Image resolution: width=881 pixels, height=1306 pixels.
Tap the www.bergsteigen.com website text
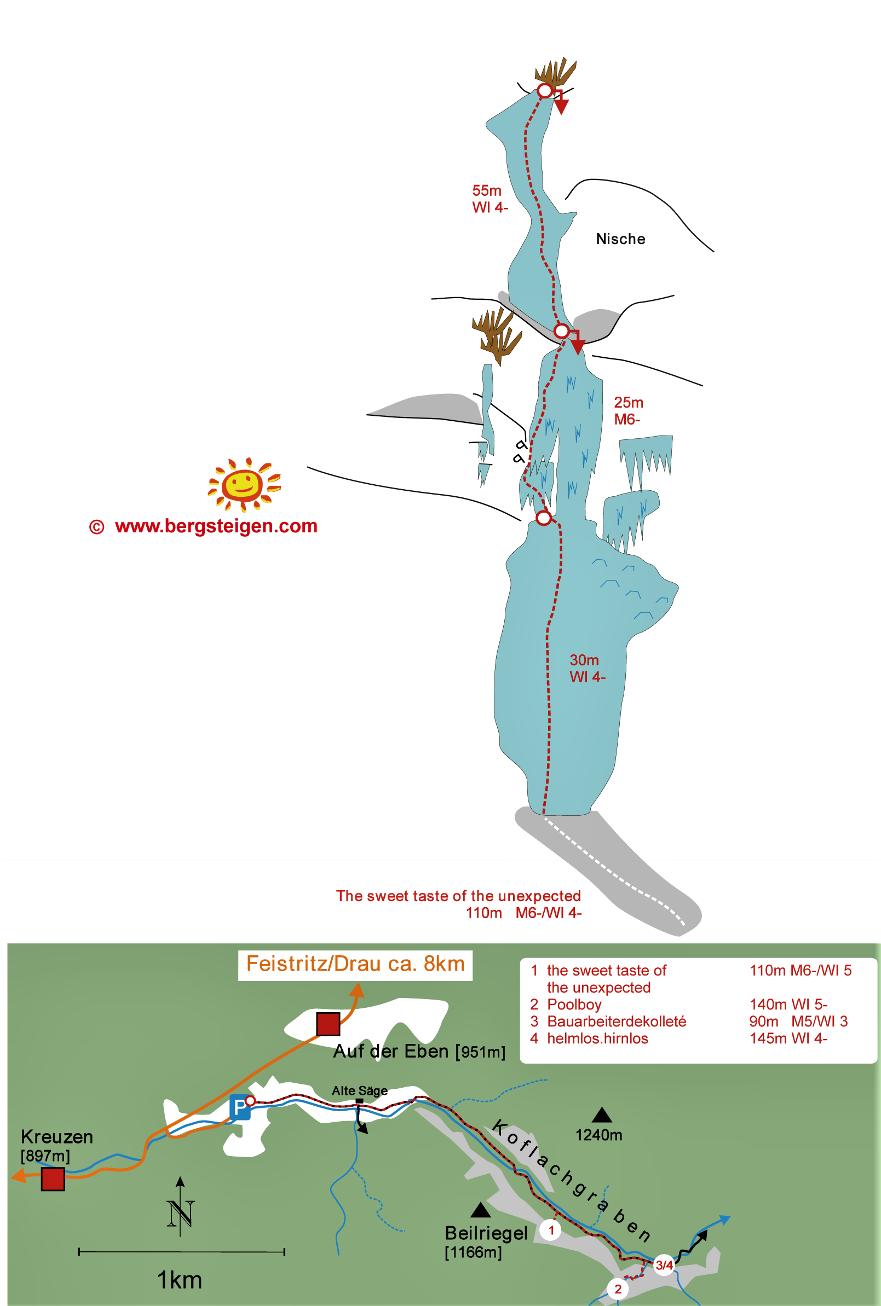coord(216,526)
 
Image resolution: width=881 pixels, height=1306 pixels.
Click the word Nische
coord(620,239)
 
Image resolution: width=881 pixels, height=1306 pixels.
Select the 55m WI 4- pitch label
coord(490,199)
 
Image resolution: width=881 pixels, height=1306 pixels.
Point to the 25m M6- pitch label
coord(628,410)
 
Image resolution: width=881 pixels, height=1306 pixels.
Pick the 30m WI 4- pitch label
coord(587,668)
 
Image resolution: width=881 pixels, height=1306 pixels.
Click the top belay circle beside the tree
coord(544,90)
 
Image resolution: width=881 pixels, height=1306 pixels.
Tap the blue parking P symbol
coord(240,1107)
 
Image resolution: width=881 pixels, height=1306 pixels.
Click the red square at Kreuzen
coord(53,1179)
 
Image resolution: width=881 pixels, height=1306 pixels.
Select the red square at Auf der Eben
coord(328,1024)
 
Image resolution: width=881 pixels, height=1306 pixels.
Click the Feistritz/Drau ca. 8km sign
coord(355,965)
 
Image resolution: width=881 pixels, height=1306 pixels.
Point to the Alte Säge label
coord(360,1090)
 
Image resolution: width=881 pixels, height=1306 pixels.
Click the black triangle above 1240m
coord(602,1115)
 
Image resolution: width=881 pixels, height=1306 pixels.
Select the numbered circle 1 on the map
coord(551,1230)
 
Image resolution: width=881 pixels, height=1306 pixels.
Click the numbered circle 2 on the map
coord(618,1288)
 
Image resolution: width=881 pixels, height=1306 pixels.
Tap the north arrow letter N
coord(180,1214)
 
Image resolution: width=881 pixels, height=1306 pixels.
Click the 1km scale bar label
coord(179,1280)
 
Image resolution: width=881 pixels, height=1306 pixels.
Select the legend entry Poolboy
coord(574,1005)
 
